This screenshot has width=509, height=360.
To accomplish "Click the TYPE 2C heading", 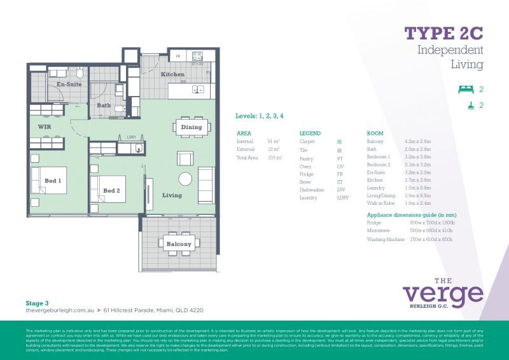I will (x=444, y=33).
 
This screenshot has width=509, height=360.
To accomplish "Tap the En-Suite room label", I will (x=68, y=84).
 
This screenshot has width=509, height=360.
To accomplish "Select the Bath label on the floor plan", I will (x=104, y=106).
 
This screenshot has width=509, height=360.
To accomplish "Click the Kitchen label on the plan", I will (x=172, y=74).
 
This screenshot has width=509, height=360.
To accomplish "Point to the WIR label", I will (x=45, y=127).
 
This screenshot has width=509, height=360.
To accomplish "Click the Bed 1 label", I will (x=53, y=181).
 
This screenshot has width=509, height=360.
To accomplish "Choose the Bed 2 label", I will (x=111, y=190).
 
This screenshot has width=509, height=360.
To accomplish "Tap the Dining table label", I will (x=191, y=127).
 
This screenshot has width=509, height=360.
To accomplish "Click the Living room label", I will (x=172, y=195).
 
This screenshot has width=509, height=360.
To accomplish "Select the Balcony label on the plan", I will (x=179, y=244).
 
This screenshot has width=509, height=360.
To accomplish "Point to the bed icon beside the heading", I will (x=466, y=90).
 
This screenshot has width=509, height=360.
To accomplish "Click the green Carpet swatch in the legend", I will (x=340, y=142).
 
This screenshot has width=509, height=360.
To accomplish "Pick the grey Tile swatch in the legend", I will (x=340, y=150).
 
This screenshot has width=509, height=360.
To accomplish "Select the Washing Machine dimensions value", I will (x=432, y=239).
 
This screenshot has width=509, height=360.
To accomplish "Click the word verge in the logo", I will (x=443, y=294).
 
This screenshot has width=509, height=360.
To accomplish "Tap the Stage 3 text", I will (x=37, y=303).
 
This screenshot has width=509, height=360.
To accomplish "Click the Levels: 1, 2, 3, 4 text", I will (x=259, y=116).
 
